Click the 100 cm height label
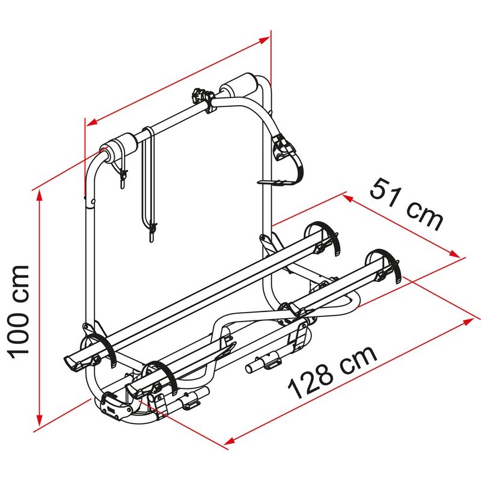[x=20, y=311]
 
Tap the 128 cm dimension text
[x=332, y=372]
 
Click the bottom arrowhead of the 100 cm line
[x=39, y=420]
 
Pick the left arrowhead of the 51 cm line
[x=349, y=198]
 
